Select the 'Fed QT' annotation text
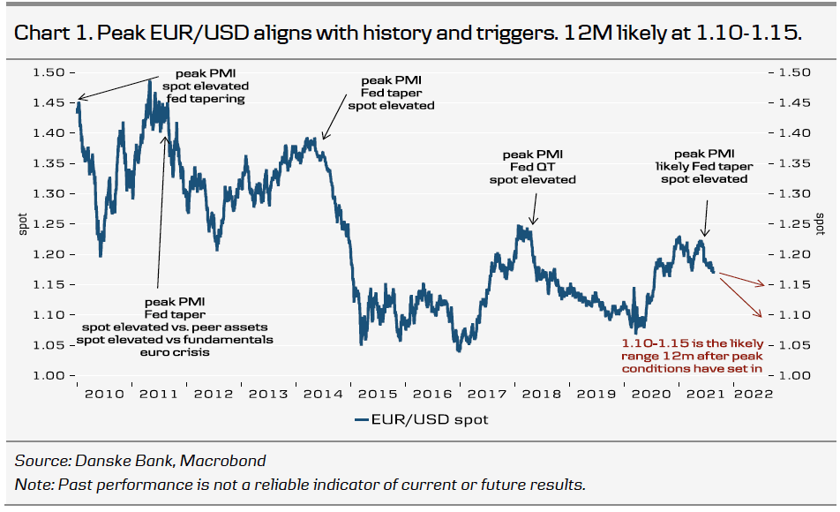(533, 167)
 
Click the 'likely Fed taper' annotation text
(704, 166)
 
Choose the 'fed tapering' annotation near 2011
(206, 99)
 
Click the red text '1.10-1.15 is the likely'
(691, 342)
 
